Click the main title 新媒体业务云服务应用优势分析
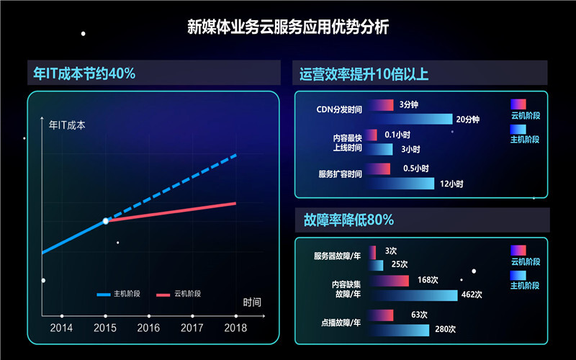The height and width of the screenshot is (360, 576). coord(288,27)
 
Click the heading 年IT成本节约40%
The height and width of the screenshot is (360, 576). coord(84,73)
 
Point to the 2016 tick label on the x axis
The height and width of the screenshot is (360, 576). coord(148,328)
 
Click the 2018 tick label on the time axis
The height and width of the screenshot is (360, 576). coord(235,328)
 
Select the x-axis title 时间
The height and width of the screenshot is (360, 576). coord(252,302)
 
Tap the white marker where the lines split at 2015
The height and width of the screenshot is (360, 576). coord(105,221)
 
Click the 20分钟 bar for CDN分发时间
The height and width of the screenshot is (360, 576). coord(410,119)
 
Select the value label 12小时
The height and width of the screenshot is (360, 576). coord(451,184)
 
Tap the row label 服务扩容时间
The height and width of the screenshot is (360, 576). coord(340,174)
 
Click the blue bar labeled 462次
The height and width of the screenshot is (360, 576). coord(413,294)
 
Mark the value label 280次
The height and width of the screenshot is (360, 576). coord(446,330)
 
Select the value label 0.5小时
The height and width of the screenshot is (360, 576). coord(415,168)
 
